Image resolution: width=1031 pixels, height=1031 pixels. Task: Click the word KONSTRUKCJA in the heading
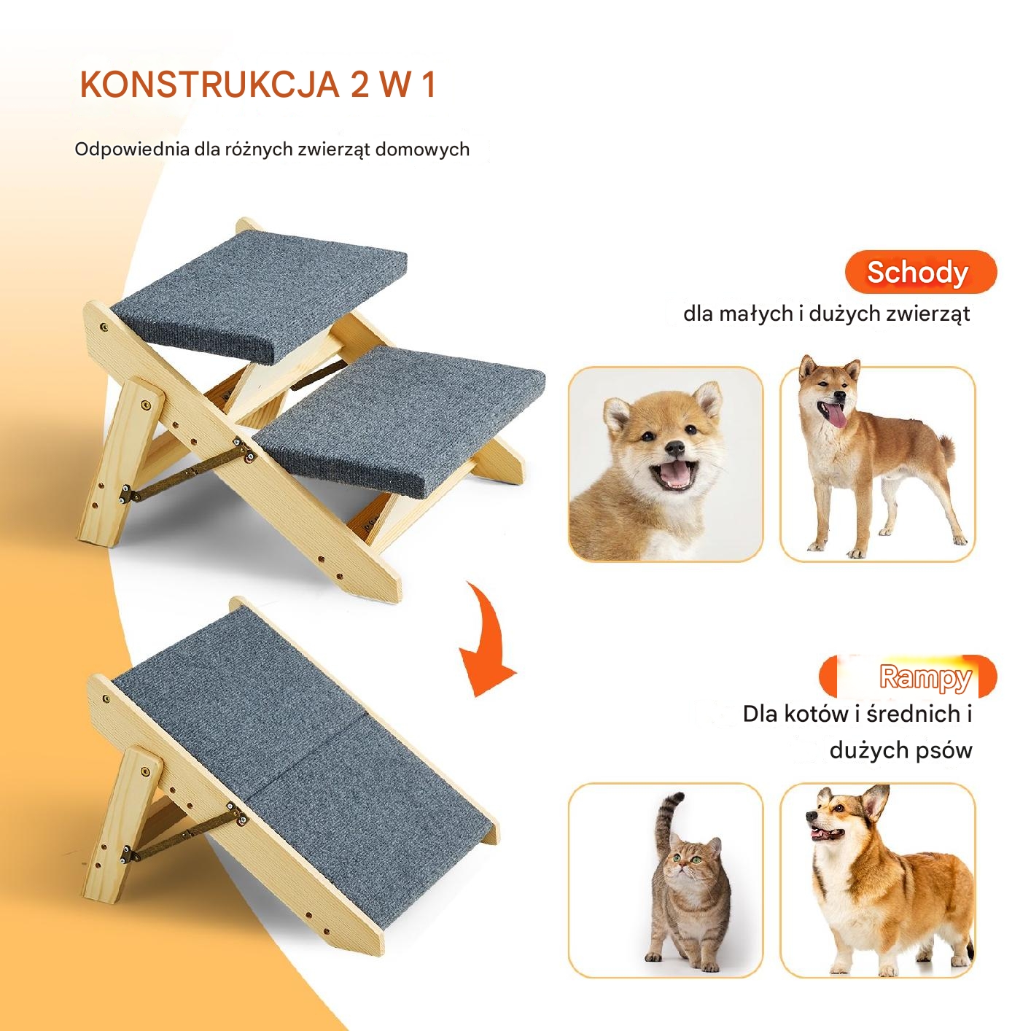tap(210, 85)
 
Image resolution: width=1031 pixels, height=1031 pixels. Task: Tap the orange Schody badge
tap(920, 272)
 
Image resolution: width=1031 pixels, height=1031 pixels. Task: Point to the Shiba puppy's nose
tap(675, 447)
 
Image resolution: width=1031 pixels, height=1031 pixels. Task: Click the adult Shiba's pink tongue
tap(836, 415)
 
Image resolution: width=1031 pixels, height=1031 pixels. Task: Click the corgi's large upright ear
tap(874, 805)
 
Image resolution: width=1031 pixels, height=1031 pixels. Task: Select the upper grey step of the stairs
tap(260, 295)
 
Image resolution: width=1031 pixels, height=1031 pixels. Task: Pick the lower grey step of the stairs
tap(399, 420)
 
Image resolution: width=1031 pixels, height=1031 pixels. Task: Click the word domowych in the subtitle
tap(422, 149)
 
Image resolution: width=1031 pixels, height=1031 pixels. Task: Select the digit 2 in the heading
tap(360, 85)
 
